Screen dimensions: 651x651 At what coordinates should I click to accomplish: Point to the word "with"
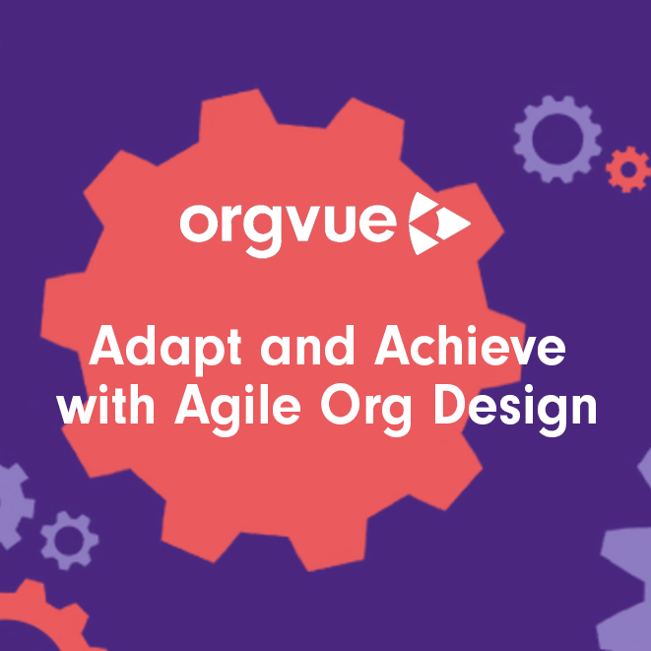tap(110, 406)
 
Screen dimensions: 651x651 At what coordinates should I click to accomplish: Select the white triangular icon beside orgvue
tap(438, 224)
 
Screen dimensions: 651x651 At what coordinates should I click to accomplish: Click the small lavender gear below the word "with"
tap(69, 540)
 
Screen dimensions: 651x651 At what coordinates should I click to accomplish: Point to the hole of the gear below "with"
tap(69, 540)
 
